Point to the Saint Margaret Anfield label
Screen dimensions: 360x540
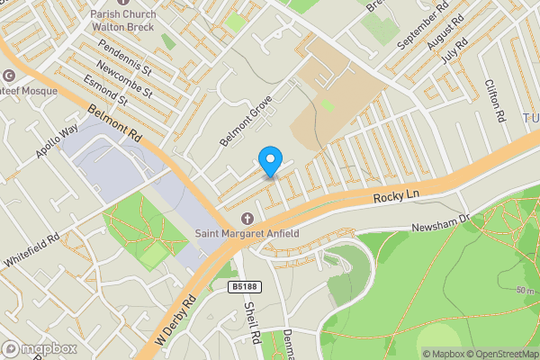pos(247,236)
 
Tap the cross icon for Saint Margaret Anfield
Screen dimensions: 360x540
pos(248,219)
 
